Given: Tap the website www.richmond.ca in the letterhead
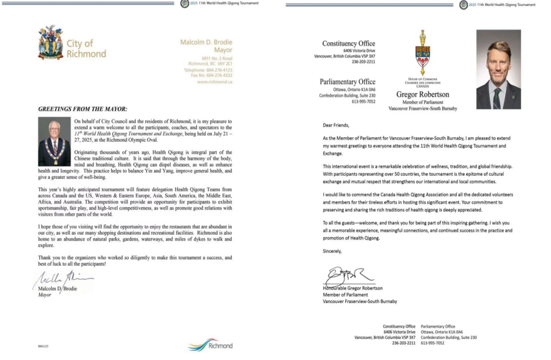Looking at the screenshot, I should click(x=215, y=82).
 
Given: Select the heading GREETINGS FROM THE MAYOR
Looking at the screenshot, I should click(x=82, y=109).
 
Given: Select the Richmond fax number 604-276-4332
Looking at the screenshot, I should click(x=211, y=75).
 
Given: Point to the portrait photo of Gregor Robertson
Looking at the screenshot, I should click(x=497, y=69).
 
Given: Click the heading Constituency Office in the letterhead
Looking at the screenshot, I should click(x=348, y=44).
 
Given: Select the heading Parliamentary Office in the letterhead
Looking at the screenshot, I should click(x=347, y=82).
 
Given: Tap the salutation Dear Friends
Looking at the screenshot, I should click(x=336, y=125).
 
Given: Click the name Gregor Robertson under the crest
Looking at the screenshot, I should click(x=422, y=94).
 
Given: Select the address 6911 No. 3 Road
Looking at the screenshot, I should click(x=217, y=58).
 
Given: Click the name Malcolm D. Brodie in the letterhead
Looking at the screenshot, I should click(x=206, y=42).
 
